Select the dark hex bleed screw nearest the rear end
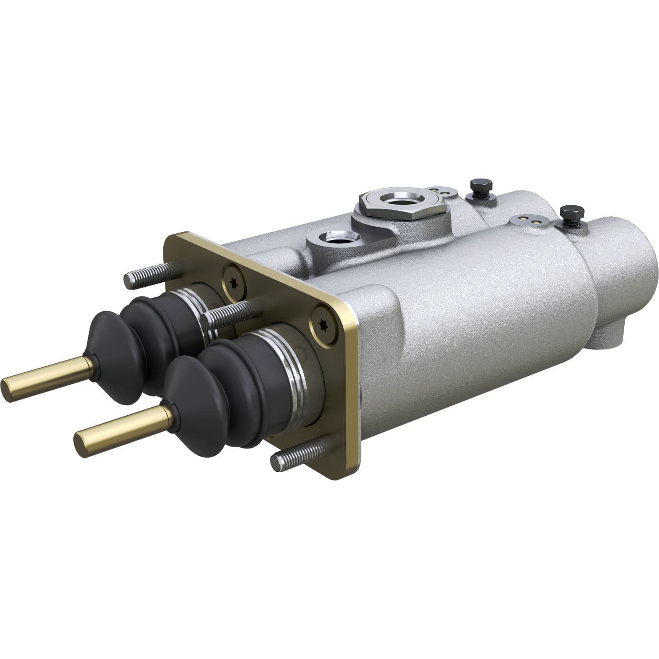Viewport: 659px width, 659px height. click(x=571, y=214)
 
